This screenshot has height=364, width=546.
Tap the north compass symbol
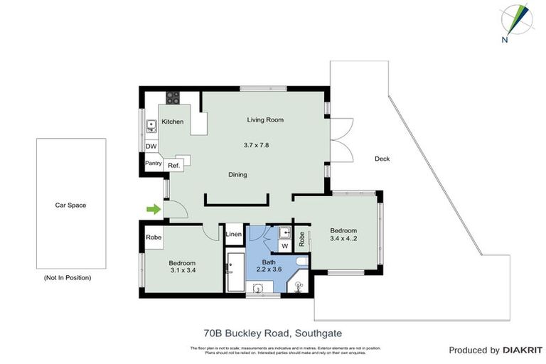pos(515,21)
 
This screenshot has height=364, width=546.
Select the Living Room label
pos(265,119)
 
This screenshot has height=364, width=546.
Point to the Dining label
pos(237,174)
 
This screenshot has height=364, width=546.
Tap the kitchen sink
pos(151,127)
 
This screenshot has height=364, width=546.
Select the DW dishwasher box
pos(151,146)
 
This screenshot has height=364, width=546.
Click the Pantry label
pos(154,164)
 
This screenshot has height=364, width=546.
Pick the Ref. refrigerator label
pos(173,164)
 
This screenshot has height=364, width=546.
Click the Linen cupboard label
pos(234,234)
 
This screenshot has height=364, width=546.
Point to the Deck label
pos(382,159)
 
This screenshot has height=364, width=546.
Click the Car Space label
pos(70,205)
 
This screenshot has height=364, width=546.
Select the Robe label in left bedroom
pos(153,237)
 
